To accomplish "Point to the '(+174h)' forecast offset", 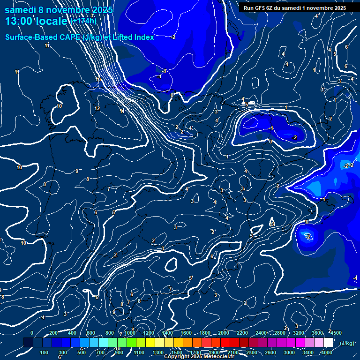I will click(x=84, y=21).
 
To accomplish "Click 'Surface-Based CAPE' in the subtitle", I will click(x=43, y=37).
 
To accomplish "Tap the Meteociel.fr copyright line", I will click(x=199, y=357).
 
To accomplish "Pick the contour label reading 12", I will click(x=97, y=108).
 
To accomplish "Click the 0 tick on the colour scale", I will click(x=32, y=333).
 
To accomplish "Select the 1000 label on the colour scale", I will click(x=129, y=333).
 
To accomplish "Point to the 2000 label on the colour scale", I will click(x=223, y=333).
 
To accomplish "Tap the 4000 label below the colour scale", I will click(x=327, y=352).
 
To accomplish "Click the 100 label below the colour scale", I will click(x=44, y=352).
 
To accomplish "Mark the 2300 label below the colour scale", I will click(x=251, y=352).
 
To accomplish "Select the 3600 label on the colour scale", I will click(x=317, y=333).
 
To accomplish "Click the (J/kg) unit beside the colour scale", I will click(x=347, y=343).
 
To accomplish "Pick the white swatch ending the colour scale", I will click(x=328, y=343).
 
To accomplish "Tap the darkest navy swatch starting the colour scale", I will click(x=28, y=343).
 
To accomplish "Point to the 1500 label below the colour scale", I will click(x=176, y=352).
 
